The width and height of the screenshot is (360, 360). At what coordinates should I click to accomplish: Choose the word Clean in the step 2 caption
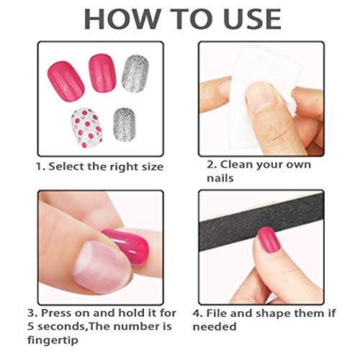pyautogui.click(x=237, y=164)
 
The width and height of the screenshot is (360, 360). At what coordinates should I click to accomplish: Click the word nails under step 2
pyautogui.click(x=215, y=178)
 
